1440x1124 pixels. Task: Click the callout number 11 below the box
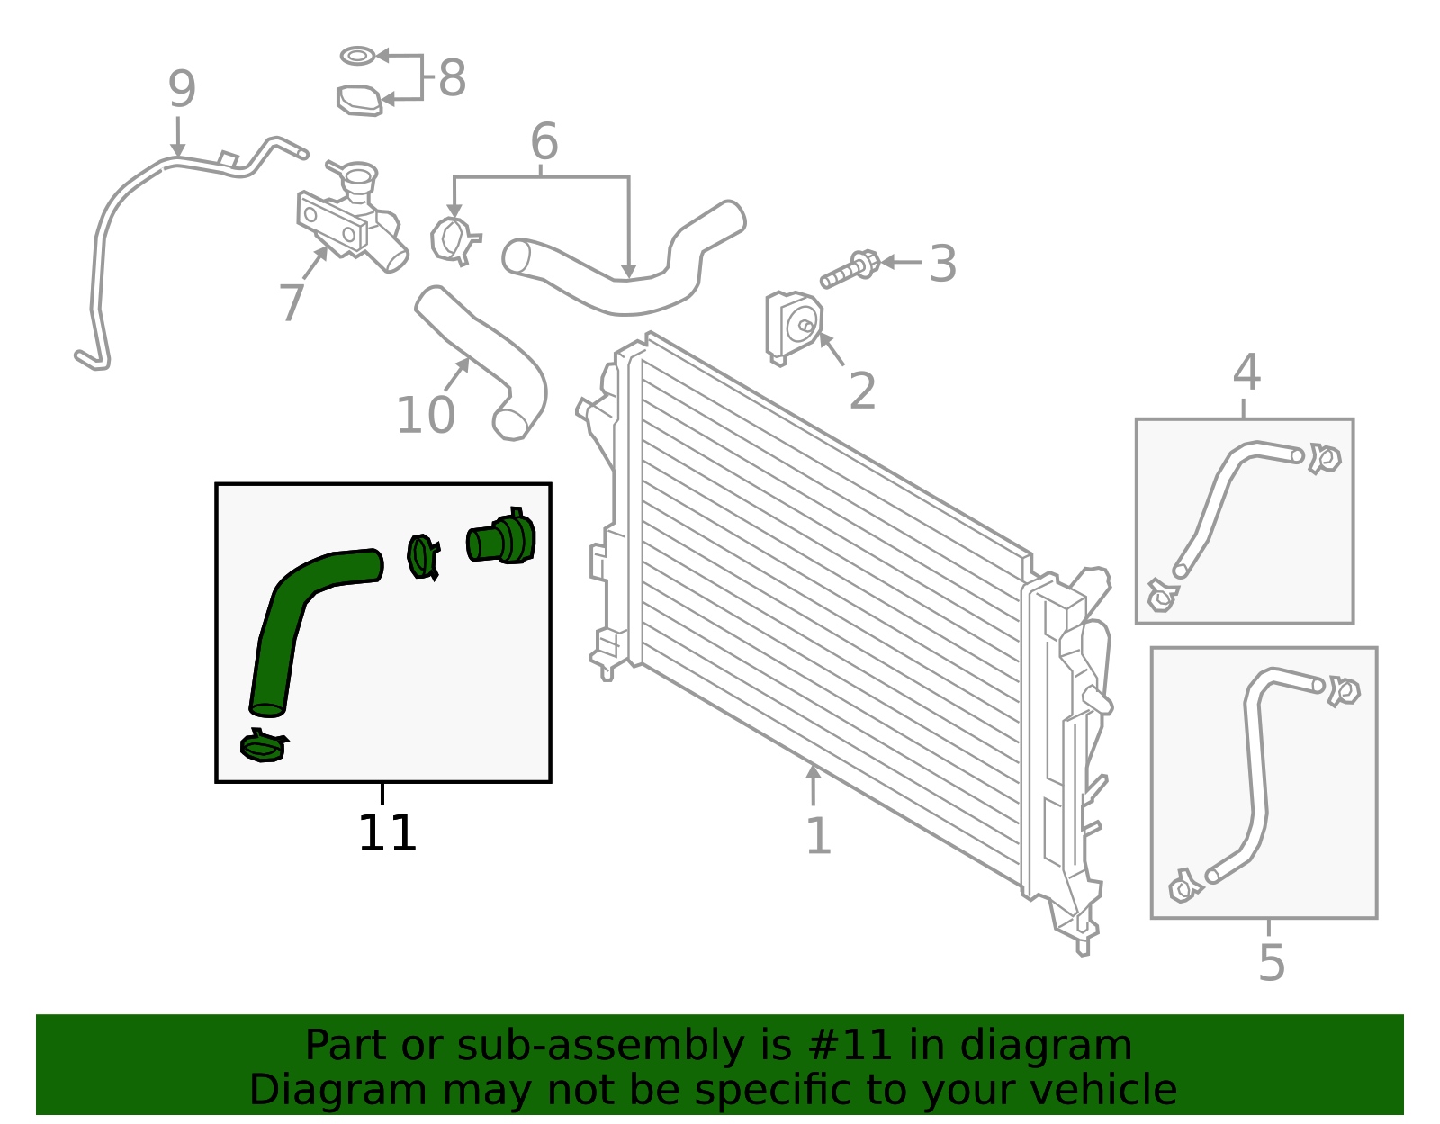[x=387, y=833]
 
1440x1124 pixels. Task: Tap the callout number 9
[x=182, y=90]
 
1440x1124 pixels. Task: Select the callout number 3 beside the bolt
[x=942, y=265]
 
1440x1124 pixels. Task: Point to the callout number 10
[x=425, y=416]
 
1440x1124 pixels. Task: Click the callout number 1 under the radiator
[x=817, y=837]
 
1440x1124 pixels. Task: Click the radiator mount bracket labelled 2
[x=792, y=326]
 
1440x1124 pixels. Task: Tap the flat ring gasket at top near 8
[x=357, y=56]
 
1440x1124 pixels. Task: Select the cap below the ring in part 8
[x=359, y=100]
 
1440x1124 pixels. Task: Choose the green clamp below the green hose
[x=263, y=746]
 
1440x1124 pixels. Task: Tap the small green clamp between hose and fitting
[x=422, y=557]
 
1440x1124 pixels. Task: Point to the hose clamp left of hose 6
[x=454, y=240]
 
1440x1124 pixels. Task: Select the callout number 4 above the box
[x=1246, y=373]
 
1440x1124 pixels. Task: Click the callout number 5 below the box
[x=1271, y=963]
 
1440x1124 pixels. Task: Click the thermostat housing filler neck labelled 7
[x=355, y=216]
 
